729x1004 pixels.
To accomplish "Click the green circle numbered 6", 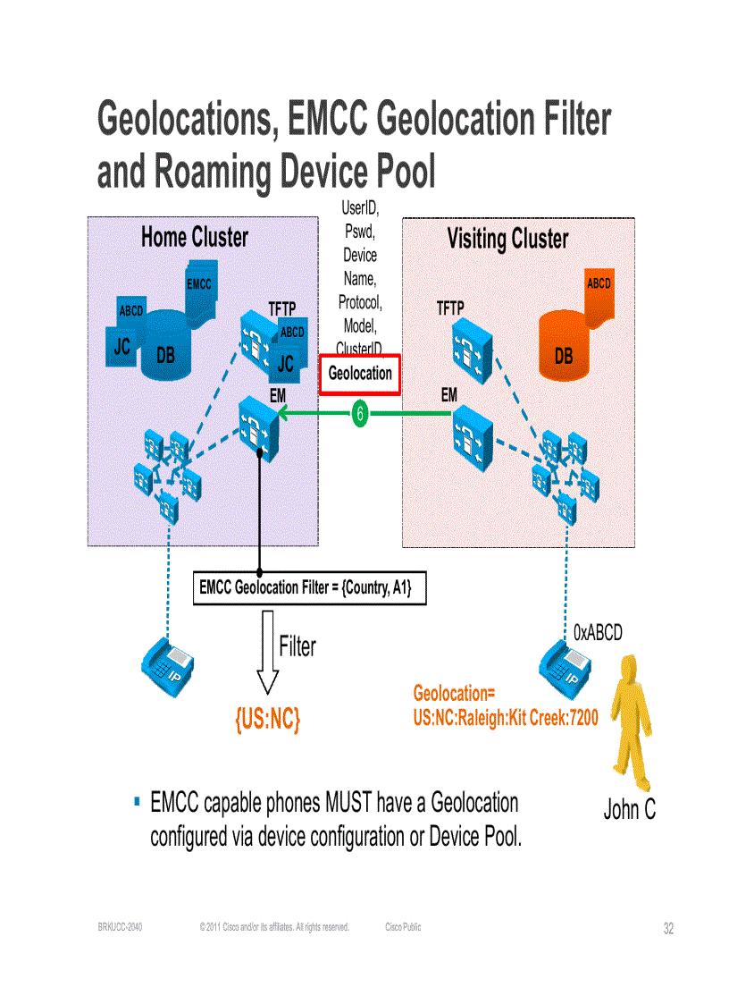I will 359,414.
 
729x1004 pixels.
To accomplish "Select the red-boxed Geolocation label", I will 360,374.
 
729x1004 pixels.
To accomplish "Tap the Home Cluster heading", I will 195,238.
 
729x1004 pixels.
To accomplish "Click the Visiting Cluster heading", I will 507,240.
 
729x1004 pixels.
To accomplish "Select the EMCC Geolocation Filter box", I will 309,588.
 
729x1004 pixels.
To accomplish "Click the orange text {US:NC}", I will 267,719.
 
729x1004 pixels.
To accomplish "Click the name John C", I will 629,810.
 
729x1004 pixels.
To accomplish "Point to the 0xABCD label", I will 598,633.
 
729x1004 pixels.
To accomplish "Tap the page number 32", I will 668,929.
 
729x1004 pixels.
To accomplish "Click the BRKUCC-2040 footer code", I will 120,928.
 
